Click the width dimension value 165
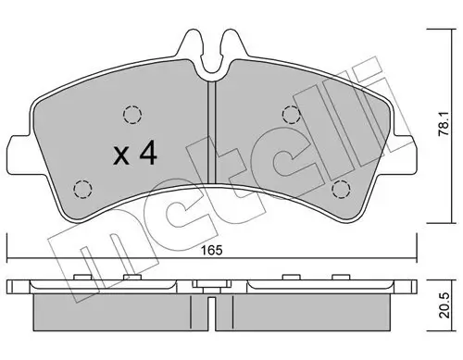(x=213, y=249)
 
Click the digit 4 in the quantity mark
(x=145, y=154)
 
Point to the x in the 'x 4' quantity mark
(x=120, y=155)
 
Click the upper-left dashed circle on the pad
(x=131, y=116)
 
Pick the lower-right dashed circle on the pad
(x=340, y=189)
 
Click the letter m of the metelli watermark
(x=88, y=250)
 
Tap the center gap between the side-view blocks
(x=212, y=312)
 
